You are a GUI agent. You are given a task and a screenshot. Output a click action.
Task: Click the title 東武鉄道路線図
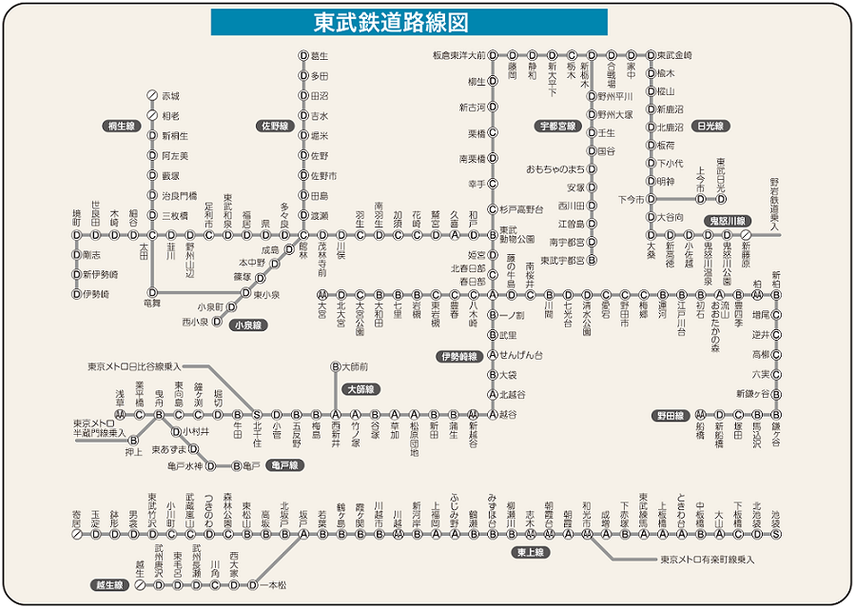pyautogui.click(x=409, y=21)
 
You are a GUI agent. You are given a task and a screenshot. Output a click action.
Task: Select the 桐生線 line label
pyautogui.click(x=123, y=125)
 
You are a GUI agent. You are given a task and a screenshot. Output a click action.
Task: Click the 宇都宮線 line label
pyautogui.click(x=558, y=125)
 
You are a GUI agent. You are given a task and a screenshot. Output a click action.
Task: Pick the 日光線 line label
pyautogui.click(x=710, y=125)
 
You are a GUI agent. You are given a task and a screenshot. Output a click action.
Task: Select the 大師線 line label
pyautogui.click(x=360, y=389)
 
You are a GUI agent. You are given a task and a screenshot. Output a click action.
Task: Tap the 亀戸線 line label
pyautogui.click(x=283, y=465)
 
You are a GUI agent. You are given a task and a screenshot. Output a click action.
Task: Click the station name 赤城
pyautogui.click(x=170, y=96)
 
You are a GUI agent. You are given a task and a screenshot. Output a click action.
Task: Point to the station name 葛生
pyautogui.click(x=320, y=56)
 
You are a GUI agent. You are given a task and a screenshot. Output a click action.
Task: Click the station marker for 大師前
pyautogui.click(x=336, y=365)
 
